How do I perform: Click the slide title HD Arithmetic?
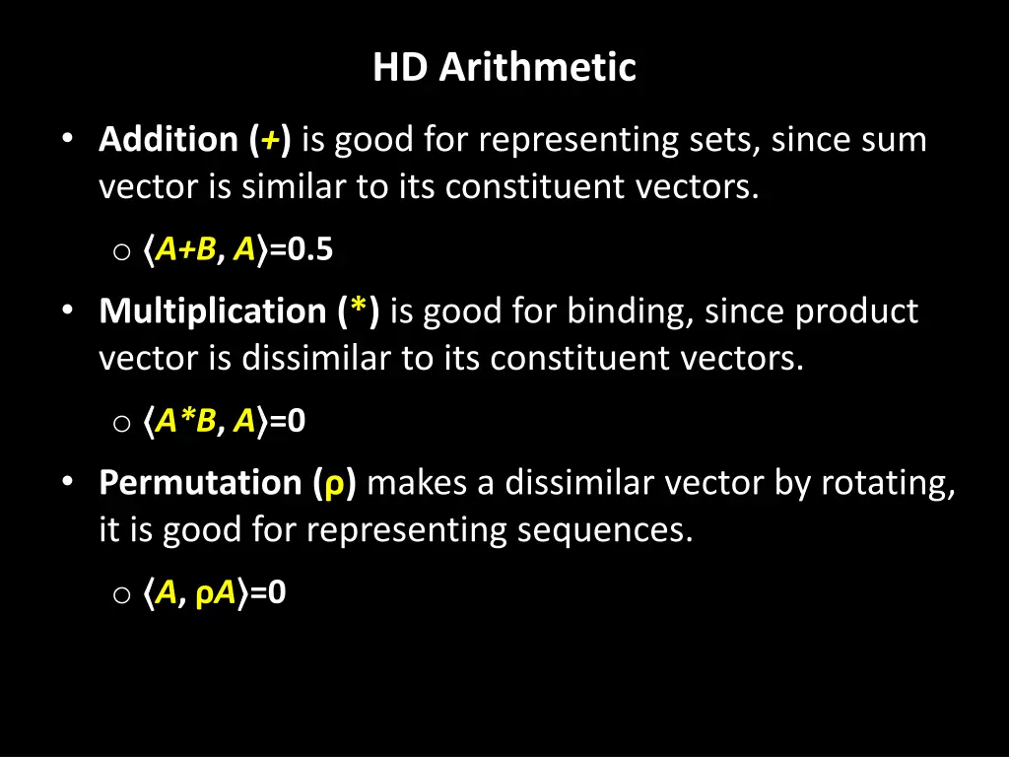[x=504, y=68]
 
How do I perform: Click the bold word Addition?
[x=168, y=140]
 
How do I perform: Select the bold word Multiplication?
[x=212, y=311]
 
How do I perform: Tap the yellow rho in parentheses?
[x=335, y=486]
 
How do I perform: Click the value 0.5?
[x=310, y=251]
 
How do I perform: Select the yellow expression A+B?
[x=186, y=251]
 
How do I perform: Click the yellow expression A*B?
[x=185, y=422]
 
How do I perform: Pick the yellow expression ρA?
[x=216, y=593]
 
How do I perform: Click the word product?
[x=856, y=311]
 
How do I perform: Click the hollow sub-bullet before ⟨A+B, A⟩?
[x=121, y=252]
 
